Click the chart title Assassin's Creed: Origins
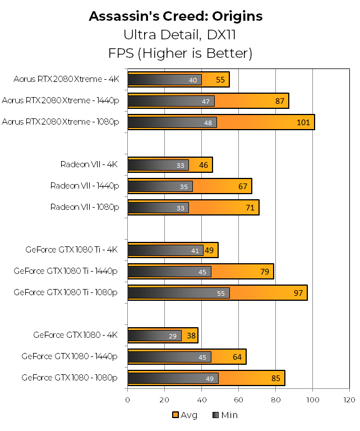(176, 16)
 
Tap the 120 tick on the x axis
(349, 400)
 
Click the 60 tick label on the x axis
(238, 400)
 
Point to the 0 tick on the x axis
(128, 400)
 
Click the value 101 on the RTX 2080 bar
(302, 123)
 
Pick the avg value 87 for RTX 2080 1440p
(279, 102)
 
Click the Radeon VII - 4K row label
(90, 164)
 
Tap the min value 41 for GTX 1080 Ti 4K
(195, 251)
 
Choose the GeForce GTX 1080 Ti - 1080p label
(66, 292)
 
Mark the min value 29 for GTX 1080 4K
(173, 336)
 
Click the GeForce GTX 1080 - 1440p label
(70, 356)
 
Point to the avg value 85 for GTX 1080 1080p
(275, 379)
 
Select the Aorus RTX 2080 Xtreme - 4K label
(67, 79)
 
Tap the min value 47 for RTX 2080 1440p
(205, 102)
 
